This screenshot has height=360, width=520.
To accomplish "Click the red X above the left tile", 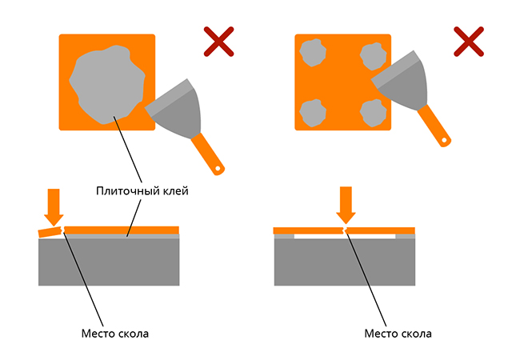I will point(218,41).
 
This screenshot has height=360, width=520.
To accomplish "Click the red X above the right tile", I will point(469,41).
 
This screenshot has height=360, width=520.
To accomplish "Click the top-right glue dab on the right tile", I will point(373,55).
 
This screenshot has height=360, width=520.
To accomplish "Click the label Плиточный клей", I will point(143,192).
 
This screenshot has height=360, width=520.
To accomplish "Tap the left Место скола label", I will point(115,333).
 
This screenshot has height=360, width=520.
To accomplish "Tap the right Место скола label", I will point(398,333).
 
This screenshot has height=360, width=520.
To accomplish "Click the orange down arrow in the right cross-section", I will point(346,205).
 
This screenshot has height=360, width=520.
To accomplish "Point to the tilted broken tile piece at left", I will point(50,233).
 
